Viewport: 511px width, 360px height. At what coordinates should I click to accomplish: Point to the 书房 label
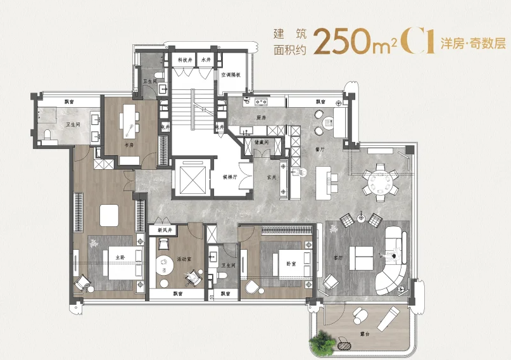pos(129,145)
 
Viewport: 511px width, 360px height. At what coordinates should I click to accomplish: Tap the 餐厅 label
pos(319,150)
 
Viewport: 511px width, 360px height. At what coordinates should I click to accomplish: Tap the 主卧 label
pos(121,257)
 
